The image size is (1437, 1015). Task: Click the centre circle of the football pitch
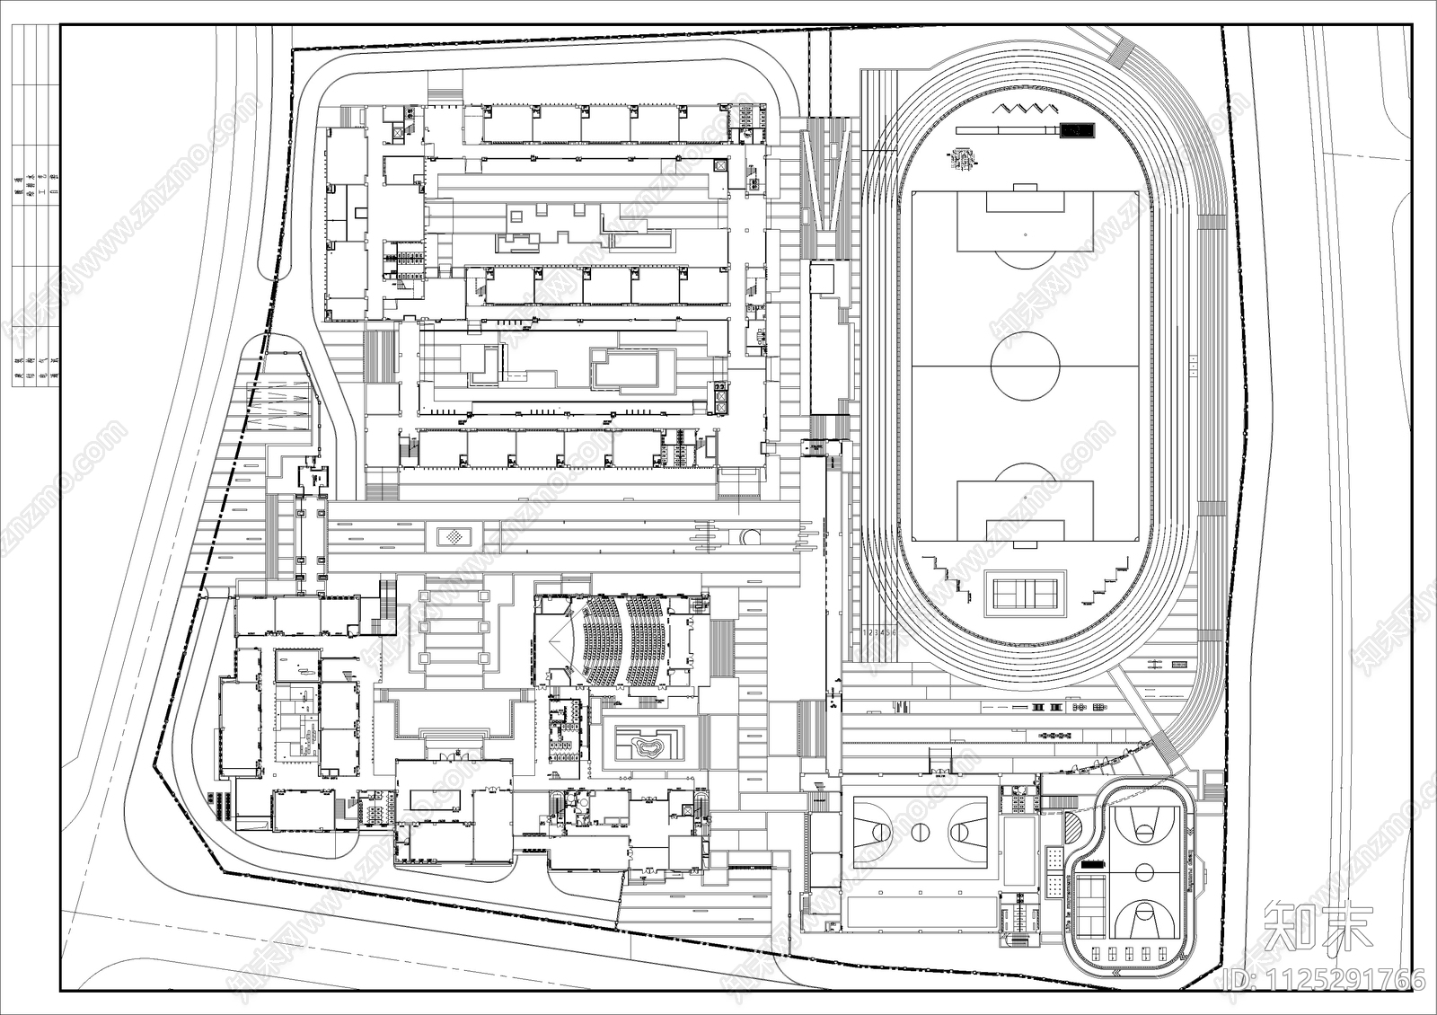pos(1026,366)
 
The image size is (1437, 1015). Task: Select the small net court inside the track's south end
pos(1026,593)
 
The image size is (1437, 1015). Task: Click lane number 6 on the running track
pos(894,632)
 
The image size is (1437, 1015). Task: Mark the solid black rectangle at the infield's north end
pos(1076,131)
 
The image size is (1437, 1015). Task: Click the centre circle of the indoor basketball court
pos(919,832)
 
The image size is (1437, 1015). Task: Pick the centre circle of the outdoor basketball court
pos(1144,871)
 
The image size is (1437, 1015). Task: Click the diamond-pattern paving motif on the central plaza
pos(454,537)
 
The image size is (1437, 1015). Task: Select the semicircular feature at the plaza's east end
pos(750,538)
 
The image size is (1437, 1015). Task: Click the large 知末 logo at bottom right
pos(1318,929)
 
